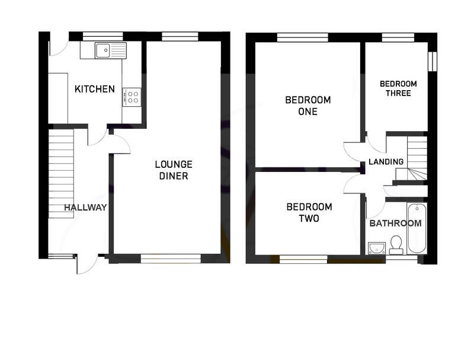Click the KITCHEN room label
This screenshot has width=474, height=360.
(x=95, y=90)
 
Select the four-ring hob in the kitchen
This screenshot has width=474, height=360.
(x=132, y=97)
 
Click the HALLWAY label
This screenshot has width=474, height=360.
(x=85, y=208)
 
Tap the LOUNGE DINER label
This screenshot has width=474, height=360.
(x=173, y=170)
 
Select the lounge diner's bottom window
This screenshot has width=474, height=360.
(x=171, y=257)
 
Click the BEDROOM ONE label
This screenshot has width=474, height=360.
(x=308, y=106)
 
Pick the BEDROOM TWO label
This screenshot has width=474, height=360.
(x=309, y=212)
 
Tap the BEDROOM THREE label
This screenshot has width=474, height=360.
(x=398, y=88)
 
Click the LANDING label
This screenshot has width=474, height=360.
(x=386, y=161)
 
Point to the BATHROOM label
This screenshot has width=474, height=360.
(x=395, y=224)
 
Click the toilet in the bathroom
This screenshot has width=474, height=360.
(x=396, y=244)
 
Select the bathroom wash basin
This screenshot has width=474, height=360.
(x=376, y=247)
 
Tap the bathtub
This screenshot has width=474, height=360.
(x=418, y=228)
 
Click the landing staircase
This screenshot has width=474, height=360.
(x=415, y=157)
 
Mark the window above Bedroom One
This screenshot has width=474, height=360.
(x=302, y=37)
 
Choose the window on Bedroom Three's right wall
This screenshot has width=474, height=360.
(x=433, y=62)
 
